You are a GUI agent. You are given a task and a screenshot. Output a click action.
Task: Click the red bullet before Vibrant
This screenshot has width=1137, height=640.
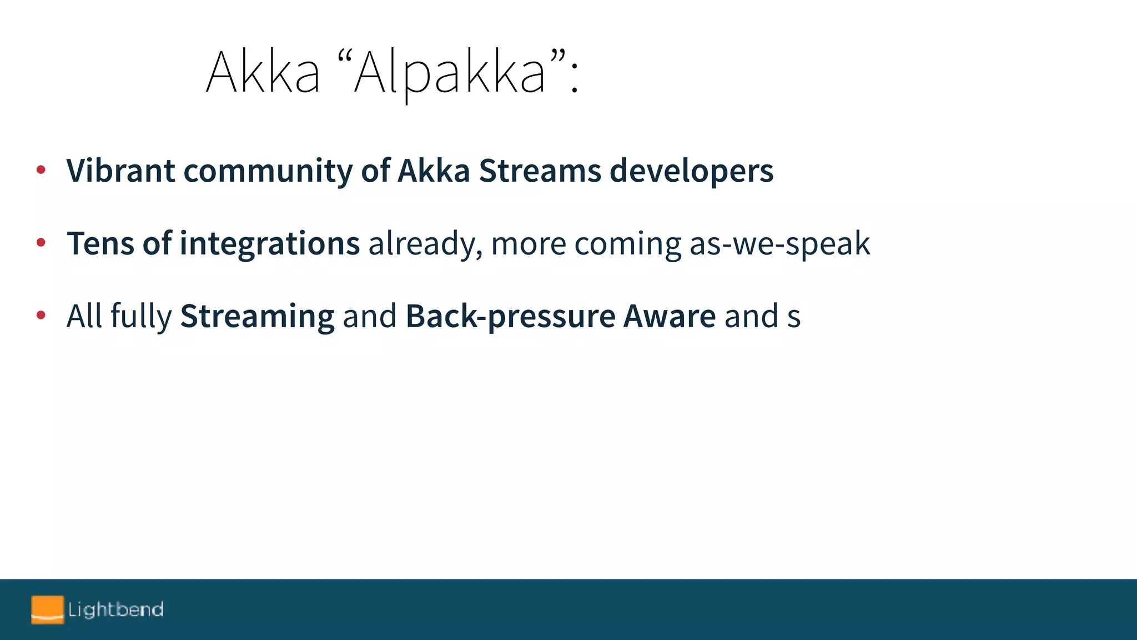41,170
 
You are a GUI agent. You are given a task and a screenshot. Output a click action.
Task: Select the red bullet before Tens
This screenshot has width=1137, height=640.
41,243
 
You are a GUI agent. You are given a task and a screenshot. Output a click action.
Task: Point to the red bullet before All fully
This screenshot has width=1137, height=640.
41,316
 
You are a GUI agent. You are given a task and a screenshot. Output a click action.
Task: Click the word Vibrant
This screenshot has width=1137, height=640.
120,170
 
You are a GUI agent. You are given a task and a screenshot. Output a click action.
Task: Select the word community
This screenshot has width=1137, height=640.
268,171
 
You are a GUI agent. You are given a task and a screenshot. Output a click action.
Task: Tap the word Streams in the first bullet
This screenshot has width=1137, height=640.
540,170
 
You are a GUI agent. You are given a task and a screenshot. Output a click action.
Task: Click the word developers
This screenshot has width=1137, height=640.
691,171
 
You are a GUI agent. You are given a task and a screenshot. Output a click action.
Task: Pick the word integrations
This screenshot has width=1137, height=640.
269,244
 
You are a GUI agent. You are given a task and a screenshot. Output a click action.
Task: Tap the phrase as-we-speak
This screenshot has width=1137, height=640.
779,244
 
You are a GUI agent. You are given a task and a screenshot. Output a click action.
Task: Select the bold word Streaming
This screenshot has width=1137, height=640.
257,317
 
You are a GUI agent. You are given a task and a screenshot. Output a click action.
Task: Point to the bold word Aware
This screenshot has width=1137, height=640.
670,316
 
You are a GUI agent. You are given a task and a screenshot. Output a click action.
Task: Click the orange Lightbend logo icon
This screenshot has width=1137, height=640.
47,609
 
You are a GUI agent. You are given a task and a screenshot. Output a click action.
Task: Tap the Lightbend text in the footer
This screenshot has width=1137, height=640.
115,609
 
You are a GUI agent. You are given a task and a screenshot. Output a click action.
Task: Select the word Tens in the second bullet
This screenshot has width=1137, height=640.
100,243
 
